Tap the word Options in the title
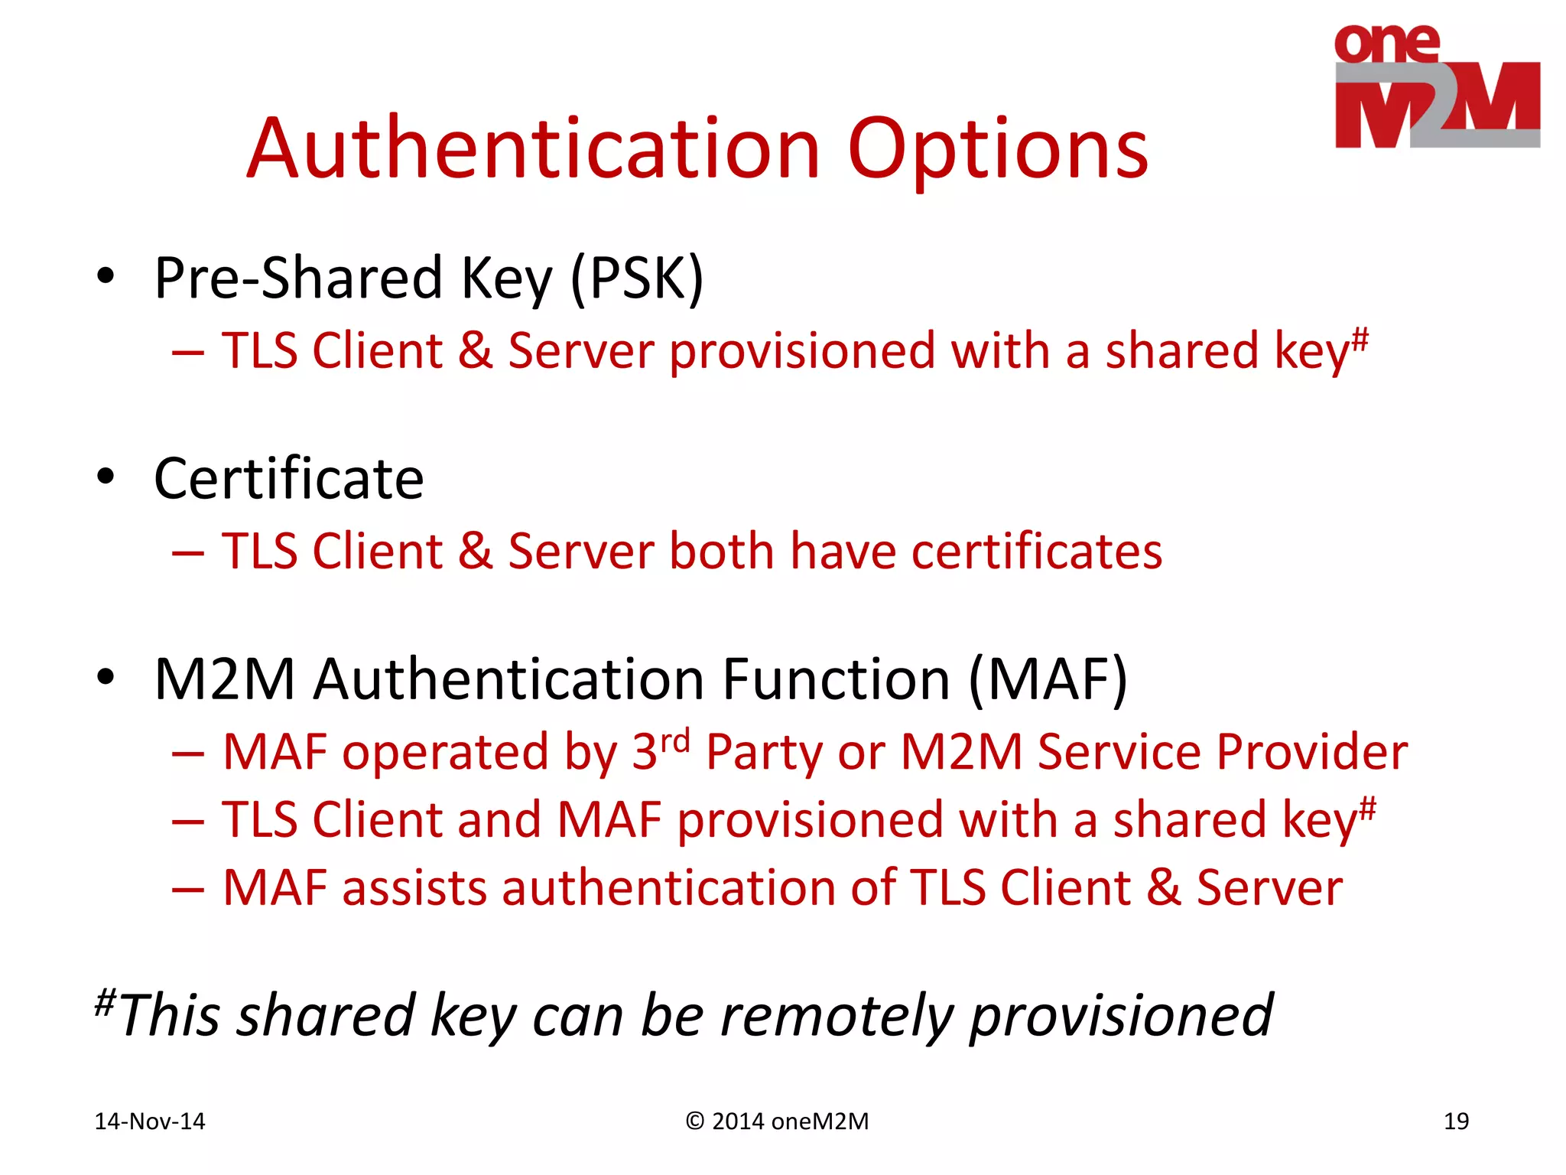coord(997,150)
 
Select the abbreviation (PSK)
coord(636,278)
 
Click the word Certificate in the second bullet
coord(288,479)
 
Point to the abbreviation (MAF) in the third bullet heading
coord(1047,679)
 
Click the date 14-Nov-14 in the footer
coord(150,1121)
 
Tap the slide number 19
coord(1456,1121)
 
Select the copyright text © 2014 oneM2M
coord(778,1121)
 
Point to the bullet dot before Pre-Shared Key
coord(106,276)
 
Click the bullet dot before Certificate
coord(106,477)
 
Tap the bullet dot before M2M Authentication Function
coord(106,677)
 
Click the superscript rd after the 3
coord(674,740)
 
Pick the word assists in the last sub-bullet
coord(414,888)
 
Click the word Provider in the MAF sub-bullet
coord(1311,752)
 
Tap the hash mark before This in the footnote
coord(105,1000)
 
